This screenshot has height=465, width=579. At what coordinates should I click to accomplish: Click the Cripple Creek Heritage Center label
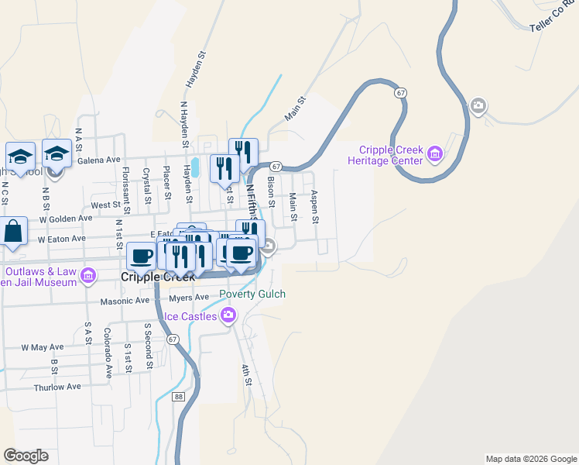click(391, 155)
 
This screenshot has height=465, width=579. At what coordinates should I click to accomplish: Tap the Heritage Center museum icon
click(435, 155)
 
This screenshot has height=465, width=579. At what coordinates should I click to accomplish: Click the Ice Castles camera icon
click(228, 314)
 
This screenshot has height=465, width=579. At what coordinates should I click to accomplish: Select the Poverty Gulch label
click(252, 294)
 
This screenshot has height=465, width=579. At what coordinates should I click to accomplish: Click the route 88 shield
click(179, 396)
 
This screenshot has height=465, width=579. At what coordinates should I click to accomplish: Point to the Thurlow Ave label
click(57, 387)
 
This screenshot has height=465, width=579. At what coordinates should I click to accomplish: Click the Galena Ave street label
click(100, 160)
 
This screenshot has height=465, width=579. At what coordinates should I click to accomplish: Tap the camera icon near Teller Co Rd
click(478, 105)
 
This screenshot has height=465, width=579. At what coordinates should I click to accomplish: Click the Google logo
click(26, 456)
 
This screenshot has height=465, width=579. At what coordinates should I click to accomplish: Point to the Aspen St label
click(315, 208)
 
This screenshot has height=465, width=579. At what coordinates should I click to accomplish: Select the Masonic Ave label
click(124, 301)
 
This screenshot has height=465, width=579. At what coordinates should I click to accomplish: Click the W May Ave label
click(42, 347)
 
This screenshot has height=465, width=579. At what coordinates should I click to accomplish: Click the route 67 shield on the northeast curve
click(399, 92)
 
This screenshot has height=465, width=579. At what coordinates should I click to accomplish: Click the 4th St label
click(246, 375)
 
